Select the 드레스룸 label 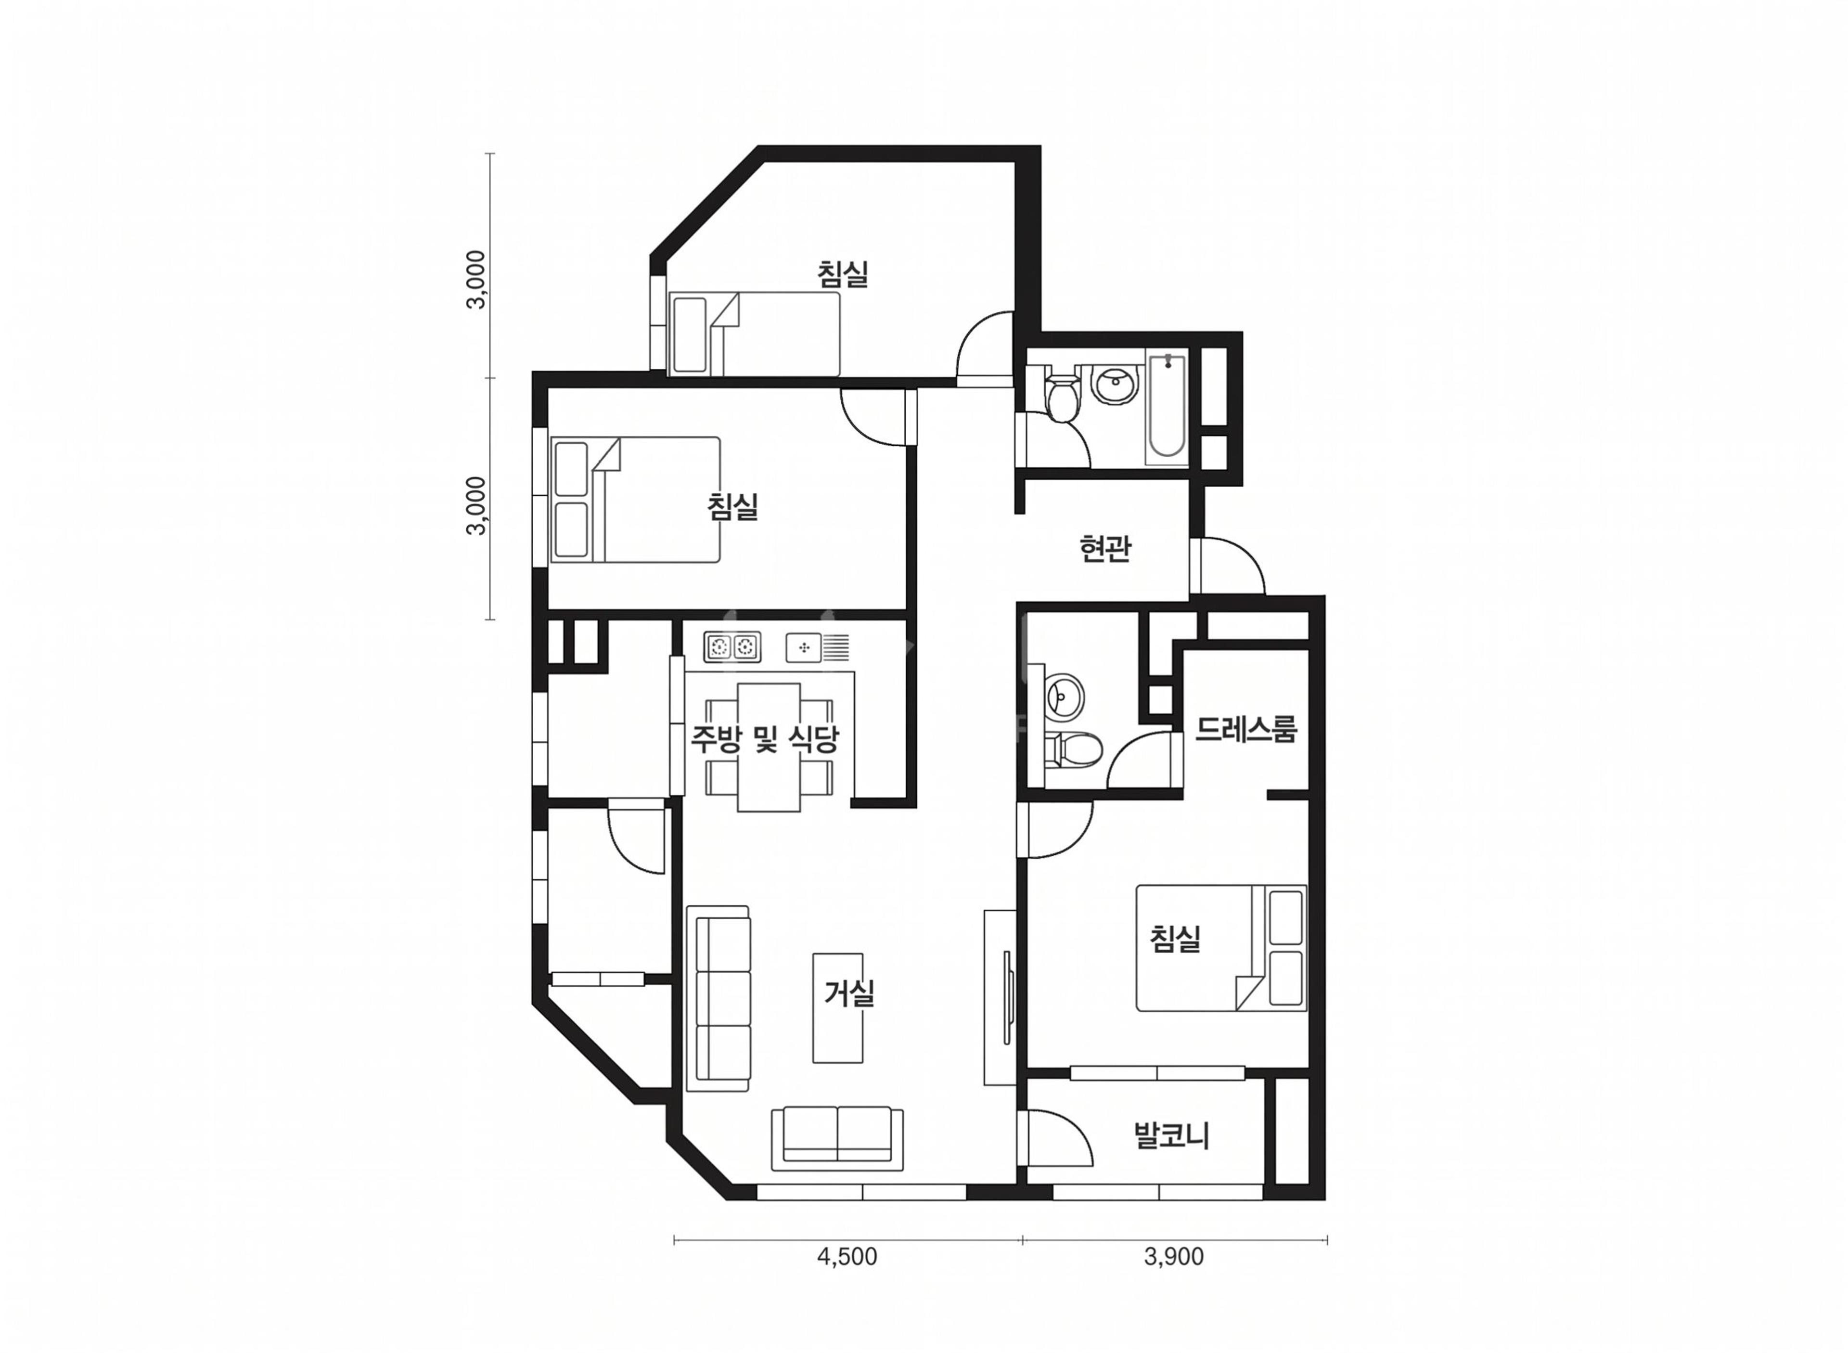coord(1246,728)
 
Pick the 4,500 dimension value coord(847,1256)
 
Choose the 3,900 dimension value coord(1173,1256)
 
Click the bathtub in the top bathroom coord(1167,405)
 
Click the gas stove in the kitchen coord(732,647)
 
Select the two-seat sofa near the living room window coord(837,1138)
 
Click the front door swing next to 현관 coord(1228,565)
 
